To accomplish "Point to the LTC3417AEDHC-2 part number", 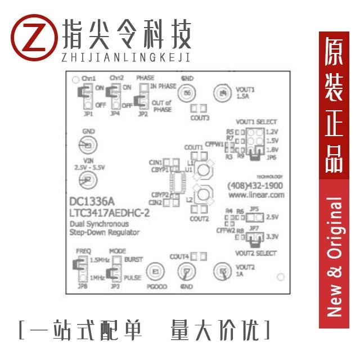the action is [x=106, y=213].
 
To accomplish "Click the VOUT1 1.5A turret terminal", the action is [x=223, y=92].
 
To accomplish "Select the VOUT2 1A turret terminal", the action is [x=223, y=272].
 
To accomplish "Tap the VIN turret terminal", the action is [x=86, y=180].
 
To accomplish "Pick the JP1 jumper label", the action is [x=87, y=113].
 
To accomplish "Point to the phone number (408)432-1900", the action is [x=255, y=186].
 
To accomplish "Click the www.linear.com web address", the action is [x=255, y=196].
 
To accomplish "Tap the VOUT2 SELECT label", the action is [x=256, y=254].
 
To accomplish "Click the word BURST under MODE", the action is [x=133, y=260].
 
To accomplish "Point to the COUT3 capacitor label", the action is [x=200, y=118].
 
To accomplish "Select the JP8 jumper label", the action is [x=83, y=287].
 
